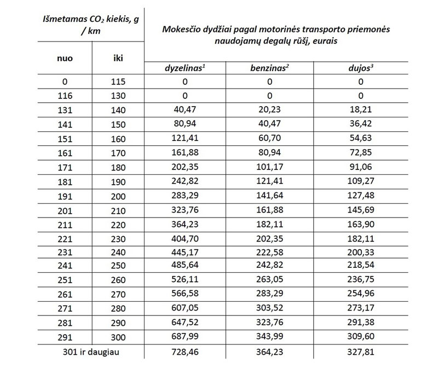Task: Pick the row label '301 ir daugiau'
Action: tap(91, 351)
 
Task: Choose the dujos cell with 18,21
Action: tap(360, 109)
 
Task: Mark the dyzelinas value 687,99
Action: tap(185, 337)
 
